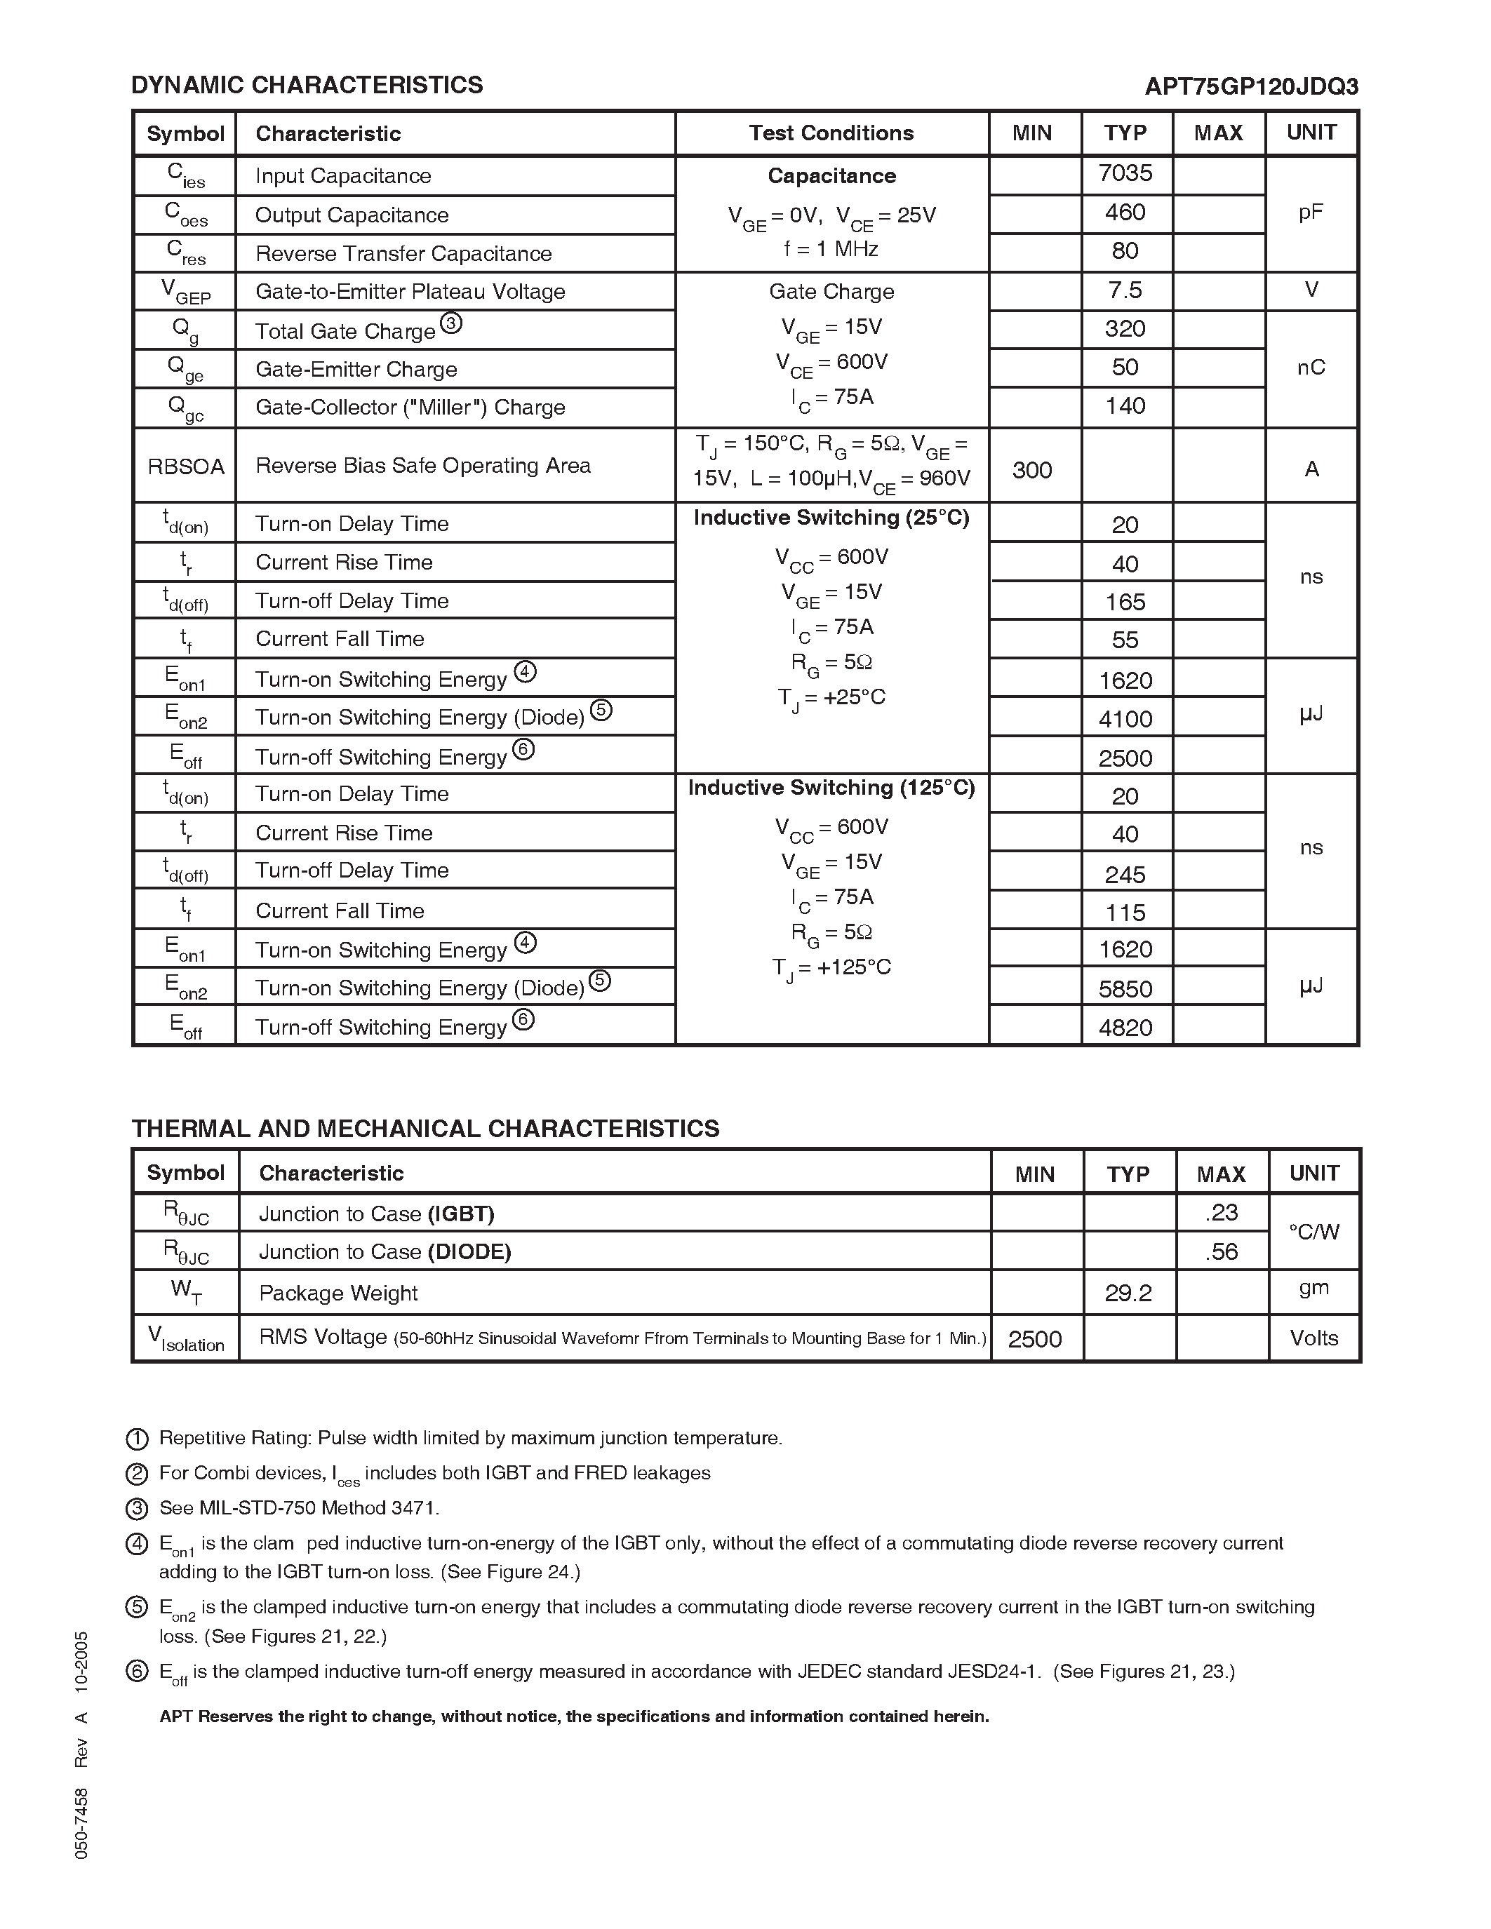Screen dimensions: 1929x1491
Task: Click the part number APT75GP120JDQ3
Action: (1251, 86)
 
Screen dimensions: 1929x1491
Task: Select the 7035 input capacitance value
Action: (1125, 173)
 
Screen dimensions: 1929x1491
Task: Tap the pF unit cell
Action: (1311, 213)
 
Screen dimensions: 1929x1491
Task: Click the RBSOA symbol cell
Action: (185, 466)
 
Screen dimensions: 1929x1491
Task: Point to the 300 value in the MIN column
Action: (1031, 470)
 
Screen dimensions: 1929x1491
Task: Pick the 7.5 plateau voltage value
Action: (1125, 290)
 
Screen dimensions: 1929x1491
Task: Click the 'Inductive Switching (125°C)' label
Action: (831, 788)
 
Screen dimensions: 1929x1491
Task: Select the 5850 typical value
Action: (1125, 988)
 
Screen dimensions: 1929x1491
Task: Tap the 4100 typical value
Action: (1125, 719)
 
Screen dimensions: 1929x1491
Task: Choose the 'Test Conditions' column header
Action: (831, 133)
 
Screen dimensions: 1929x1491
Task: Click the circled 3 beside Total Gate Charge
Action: (450, 323)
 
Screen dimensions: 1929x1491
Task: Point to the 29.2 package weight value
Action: (1128, 1293)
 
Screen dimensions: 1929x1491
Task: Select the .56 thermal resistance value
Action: (1221, 1251)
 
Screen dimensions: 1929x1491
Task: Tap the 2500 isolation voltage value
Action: (1034, 1339)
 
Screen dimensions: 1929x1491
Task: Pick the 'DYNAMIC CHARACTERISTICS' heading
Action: (307, 85)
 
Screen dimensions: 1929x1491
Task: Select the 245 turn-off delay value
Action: (1125, 875)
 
